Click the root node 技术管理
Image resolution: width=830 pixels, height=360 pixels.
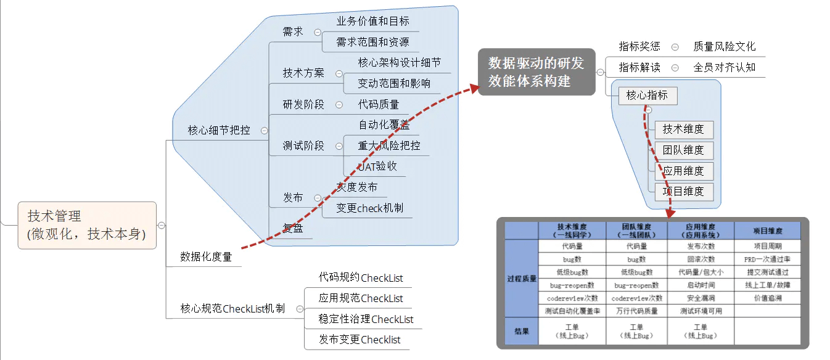tap(87, 225)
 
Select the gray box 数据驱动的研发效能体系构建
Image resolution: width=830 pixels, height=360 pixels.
tap(536, 72)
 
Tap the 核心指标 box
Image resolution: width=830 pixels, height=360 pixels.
tap(647, 96)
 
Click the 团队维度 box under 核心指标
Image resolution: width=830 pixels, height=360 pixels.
tap(683, 150)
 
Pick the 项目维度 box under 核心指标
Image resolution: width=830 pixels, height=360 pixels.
tap(683, 191)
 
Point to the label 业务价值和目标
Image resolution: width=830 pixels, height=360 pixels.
tap(372, 21)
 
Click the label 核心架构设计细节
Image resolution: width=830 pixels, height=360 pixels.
tap(399, 63)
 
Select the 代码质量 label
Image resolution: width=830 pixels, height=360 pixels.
tap(378, 104)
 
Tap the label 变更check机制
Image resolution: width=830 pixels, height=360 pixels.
tap(369, 208)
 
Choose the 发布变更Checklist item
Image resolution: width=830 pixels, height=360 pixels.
tap(360, 340)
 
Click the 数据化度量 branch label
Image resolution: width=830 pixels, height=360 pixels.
tap(206, 256)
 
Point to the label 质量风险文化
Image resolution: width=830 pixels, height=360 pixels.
tap(724, 47)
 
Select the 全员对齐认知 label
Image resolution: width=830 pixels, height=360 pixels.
tap(724, 67)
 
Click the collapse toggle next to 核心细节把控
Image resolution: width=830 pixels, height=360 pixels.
tap(265, 131)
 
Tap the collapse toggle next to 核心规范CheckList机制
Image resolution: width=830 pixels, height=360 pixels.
tap(300, 309)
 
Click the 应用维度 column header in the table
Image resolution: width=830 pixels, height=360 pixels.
tap(701, 231)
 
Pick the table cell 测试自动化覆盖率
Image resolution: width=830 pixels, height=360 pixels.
tap(573, 311)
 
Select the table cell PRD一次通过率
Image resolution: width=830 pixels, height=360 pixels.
tap(767, 259)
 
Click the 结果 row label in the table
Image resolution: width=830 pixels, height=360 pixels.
tap(521, 331)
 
